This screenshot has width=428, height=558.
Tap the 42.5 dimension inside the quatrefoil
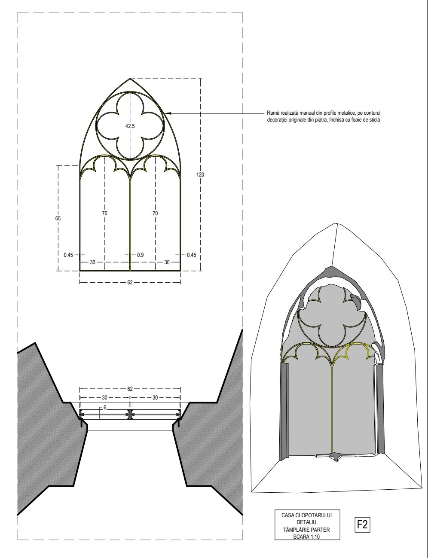coord(130,126)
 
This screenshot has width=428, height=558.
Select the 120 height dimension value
coord(201,175)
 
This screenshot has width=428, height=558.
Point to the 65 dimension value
coord(58,218)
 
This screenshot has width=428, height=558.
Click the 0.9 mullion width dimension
coord(140,255)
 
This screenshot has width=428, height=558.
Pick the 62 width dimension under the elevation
coord(130,282)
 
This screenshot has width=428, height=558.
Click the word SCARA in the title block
coord(300,536)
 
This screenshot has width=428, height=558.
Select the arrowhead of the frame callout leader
coord(168,113)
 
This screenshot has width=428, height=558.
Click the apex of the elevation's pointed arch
coord(130,78)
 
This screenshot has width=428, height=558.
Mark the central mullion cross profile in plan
coord(130,415)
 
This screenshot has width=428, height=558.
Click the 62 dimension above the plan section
coord(130,389)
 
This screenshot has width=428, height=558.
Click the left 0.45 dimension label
coord(68,255)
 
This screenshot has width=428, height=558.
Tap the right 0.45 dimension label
coord(191,255)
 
